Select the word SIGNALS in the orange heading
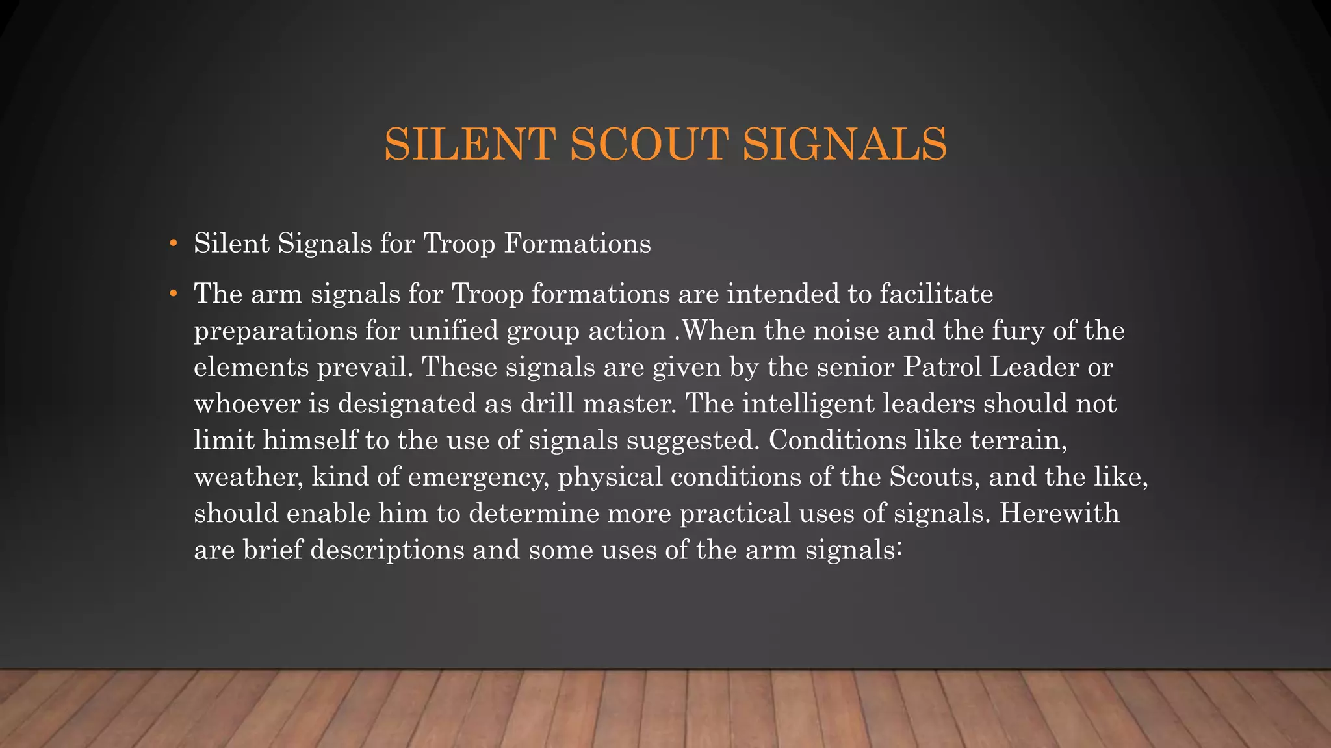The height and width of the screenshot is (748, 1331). (844, 144)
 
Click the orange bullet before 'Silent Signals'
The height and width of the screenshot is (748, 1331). (173, 244)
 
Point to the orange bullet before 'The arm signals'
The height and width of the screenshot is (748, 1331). (173, 294)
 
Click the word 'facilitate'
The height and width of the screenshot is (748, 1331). (936, 294)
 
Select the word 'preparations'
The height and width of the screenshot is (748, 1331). (276, 331)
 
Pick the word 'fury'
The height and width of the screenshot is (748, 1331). (1018, 331)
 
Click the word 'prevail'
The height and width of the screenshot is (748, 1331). (365, 368)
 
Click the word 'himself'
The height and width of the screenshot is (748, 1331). (310, 440)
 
